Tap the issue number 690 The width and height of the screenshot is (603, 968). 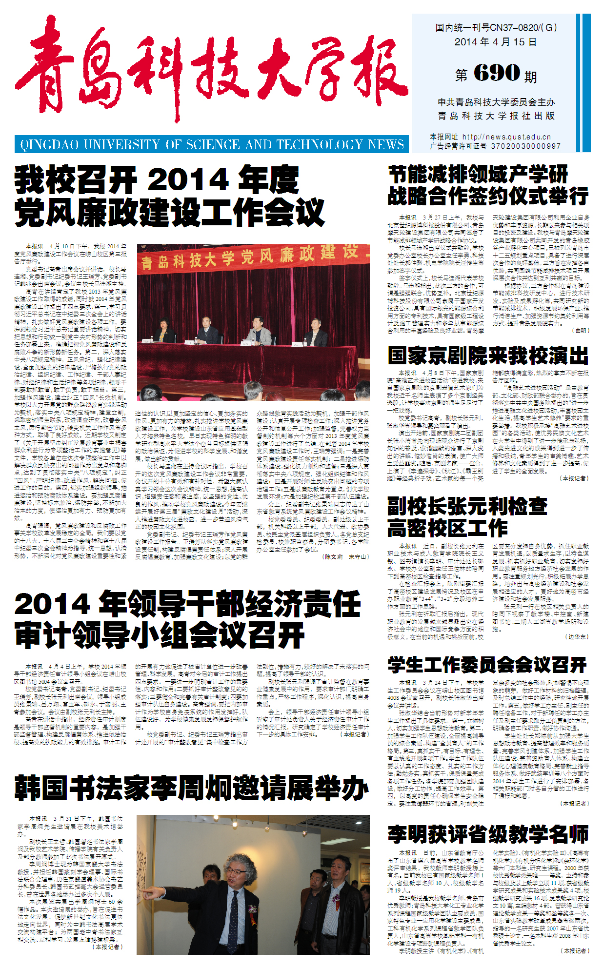[496, 73]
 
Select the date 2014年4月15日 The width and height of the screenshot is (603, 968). [495, 42]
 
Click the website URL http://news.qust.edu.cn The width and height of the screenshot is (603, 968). [506, 137]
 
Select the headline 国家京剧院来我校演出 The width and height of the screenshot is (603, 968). [488, 356]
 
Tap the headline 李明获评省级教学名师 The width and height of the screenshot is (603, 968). [488, 834]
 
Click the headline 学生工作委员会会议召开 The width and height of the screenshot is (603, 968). [487, 665]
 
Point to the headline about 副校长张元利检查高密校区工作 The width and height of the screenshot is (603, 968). [467, 517]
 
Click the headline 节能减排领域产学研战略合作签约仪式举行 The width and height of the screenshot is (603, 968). [488, 185]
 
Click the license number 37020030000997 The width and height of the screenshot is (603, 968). [526, 146]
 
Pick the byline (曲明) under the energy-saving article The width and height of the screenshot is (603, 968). [580, 330]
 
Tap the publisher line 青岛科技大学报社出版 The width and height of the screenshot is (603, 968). [496, 116]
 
